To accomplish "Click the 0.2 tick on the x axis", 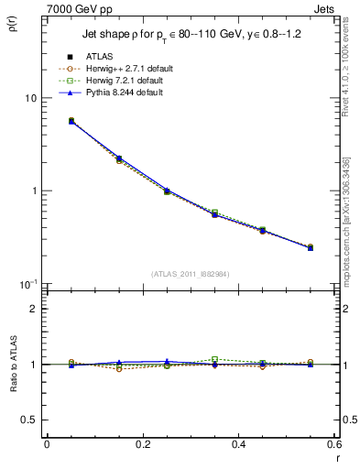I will [142, 445].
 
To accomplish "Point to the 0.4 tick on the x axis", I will [238, 445].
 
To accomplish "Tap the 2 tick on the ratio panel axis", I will [34, 309].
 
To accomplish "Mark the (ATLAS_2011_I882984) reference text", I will [190, 274].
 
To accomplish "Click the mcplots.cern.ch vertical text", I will [349, 211].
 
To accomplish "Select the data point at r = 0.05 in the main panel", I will [71, 121].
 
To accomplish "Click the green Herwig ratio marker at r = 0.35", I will [214, 359].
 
